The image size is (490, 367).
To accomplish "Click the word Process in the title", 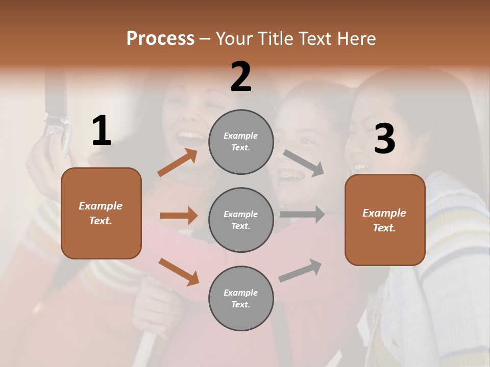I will pyautogui.click(x=160, y=38).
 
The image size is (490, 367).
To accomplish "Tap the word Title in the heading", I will pyautogui.click(x=275, y=38).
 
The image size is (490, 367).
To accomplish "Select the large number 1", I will pyautogui.click(x=102, y=131).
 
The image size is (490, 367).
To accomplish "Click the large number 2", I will pyautogui.click(x=241, y=77).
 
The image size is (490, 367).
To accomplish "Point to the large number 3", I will pyautogui.click(x=384, y=139).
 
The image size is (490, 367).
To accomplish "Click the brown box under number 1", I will pyautogui.click(x=101, y=213).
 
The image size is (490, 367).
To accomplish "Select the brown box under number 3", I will pyautogui.click(x=385, y=220).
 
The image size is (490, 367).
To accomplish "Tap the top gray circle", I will pyautogui.click(x=241, y=142).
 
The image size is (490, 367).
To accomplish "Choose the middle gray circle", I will pyautogui.click(x=241, y=220).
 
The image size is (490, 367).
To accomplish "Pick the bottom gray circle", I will pyautogui.click(x=241, y=298).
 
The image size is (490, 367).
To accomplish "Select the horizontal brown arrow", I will pyautogui.click(x=179, y=216).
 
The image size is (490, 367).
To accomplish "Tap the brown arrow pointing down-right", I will pyautogui.click(x=179, y=272).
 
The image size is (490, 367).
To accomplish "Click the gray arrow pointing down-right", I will pyautogui.click(x=304, y=163).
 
